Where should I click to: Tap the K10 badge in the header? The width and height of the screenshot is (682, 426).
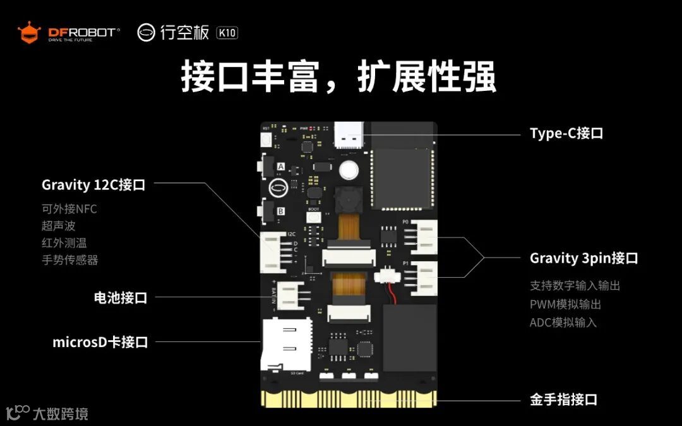coord(227,33)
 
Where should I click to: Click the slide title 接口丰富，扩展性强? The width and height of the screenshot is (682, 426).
coord(338,78)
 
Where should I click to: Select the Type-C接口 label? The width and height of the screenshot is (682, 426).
coord(566,134)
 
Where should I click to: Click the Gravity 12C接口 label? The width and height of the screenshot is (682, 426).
coord(93,185)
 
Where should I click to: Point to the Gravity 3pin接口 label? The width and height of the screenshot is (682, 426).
coord(583,258)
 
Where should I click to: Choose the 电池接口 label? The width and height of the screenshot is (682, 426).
coord(120,298)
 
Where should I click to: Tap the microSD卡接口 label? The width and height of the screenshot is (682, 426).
coord(100,342)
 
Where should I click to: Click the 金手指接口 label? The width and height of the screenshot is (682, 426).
coord(563,399)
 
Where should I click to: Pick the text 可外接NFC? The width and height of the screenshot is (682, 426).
coord(69,209)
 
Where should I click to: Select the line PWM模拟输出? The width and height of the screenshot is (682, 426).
coord(565,304)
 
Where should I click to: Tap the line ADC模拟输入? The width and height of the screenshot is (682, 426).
coord(563,322)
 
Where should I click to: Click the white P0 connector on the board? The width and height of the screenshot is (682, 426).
coord(423,239)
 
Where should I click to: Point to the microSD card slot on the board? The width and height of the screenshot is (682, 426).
coord(286,345)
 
